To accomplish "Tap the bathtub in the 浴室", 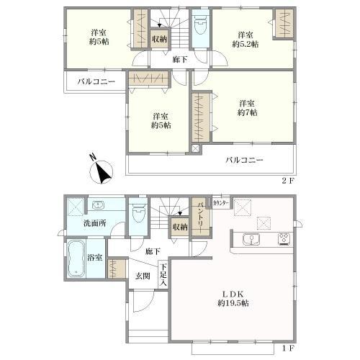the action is [76, 258].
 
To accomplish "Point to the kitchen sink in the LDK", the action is [251, 240].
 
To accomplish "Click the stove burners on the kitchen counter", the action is [284, 239].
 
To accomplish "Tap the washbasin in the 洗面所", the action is [98, 204].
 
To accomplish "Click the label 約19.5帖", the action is [233, 303].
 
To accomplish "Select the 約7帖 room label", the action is [248, 112].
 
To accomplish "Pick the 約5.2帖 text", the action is [246, 44].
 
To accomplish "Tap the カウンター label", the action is [221, 203].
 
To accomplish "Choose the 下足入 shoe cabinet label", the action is [163, 274].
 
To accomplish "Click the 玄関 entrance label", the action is [143, 276].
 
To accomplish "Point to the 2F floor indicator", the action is [287, 181].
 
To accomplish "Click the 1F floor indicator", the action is [287, 348].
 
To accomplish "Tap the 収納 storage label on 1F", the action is [180, 227].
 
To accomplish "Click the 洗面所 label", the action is [95, 223].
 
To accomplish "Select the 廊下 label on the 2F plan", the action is [180, 59].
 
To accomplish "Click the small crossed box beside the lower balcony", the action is [196, 148].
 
